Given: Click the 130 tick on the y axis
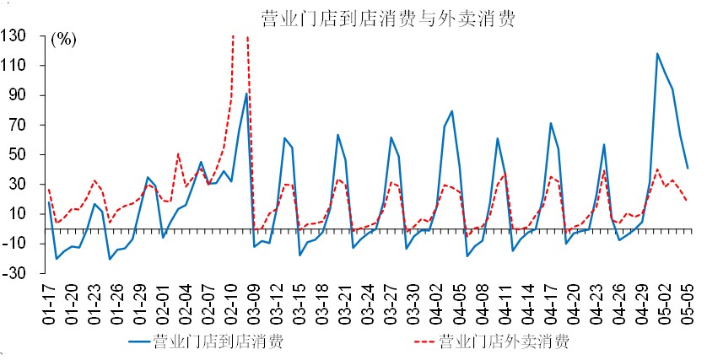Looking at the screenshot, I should [x=14, y=35].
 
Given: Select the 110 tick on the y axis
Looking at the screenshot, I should [x=14, y=66].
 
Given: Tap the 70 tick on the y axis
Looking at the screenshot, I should [x=18, y=125].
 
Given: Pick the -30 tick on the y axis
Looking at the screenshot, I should [x=14, y=273].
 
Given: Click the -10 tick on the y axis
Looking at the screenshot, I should [x=14, y=244].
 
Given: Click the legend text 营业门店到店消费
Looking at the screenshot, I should [x=218, y=341].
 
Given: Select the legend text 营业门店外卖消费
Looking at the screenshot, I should [x=505, y=341].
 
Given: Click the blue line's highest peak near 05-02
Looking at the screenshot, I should [x=657, y=54].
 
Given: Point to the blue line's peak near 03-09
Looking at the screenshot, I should [x=246, y=94].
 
